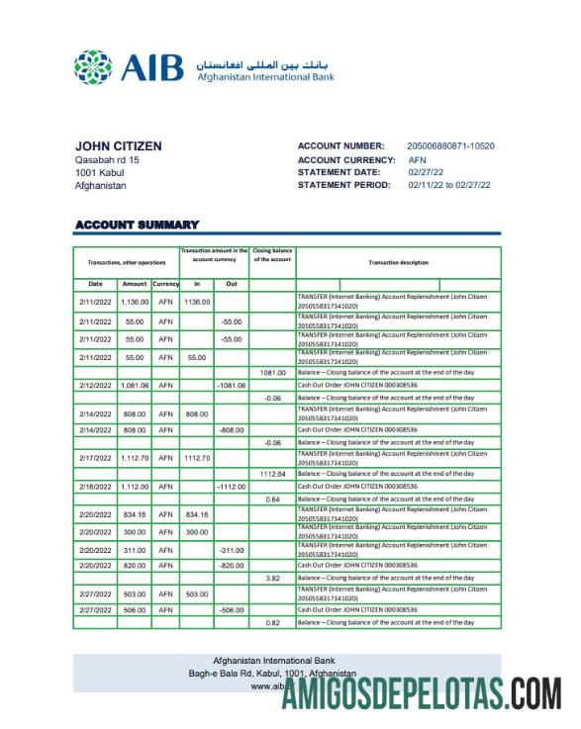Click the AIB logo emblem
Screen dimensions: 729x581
click(93, 68)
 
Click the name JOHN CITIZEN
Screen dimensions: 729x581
click(118, 146)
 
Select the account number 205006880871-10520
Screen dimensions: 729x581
click(450, 146)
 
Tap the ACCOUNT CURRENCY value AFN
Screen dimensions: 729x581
click(417, 159)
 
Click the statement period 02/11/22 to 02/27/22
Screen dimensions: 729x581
click(450, 185)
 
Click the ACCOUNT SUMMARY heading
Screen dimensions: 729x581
click(137, 226)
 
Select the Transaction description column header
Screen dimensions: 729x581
click(398, 262)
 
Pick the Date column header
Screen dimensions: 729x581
click(95, 284)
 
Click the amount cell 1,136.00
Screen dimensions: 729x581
click(134, 301)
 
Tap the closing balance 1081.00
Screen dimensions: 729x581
click(272, 373)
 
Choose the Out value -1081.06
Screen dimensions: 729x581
click(231, 385)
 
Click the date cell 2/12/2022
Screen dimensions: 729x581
click(95, 385)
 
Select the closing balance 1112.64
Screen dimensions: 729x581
click(272, 475)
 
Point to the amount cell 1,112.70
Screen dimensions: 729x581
click(134, 458)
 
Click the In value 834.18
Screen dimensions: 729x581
click(196, 514)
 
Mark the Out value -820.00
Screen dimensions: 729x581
click(231, 565)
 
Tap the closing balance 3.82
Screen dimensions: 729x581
click(272, 577)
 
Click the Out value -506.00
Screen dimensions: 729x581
click(231, 610)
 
